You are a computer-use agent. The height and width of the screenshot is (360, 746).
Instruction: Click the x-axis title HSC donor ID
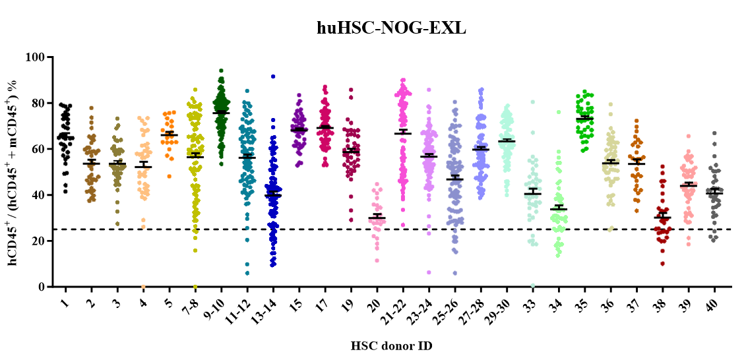coord(391,345)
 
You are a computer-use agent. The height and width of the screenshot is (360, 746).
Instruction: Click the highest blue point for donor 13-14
coord(272,76)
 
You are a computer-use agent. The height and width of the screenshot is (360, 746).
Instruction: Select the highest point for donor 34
coord(559,112)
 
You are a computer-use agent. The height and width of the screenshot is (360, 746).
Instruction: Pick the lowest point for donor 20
coord(377,260)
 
